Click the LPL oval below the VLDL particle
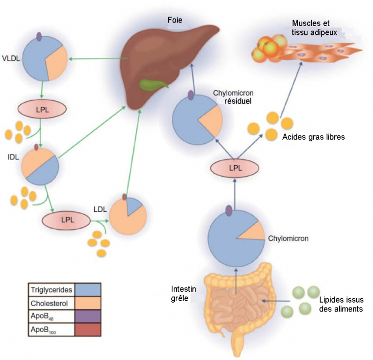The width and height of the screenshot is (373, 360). [42, 108]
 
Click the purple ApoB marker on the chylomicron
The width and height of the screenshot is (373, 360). [229, 210]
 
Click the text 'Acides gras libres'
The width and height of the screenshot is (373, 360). [313, 137]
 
